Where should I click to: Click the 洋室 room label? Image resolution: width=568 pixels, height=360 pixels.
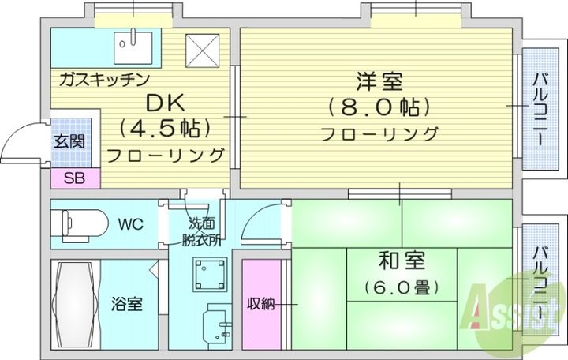[379, 81]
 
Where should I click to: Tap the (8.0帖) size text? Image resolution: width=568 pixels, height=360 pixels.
[379, 107]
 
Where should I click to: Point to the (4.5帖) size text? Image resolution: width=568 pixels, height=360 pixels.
[165, 127]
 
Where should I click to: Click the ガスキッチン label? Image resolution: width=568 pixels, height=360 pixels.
[99, 79]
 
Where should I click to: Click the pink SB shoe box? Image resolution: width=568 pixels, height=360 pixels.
[76, 178]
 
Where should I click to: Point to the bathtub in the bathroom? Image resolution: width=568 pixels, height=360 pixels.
[76, 304]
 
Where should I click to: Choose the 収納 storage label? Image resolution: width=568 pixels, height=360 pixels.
[262, 303]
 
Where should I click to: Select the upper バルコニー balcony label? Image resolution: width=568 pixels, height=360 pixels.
[540, 107]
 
